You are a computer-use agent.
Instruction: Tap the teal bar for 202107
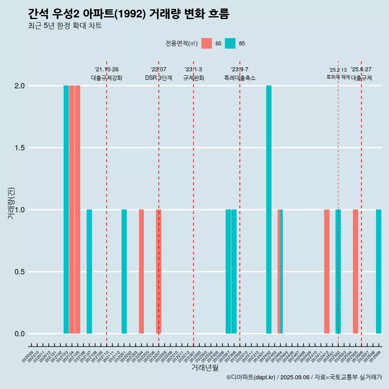pos(89,271)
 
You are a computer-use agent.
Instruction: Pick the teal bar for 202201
pos(124,271)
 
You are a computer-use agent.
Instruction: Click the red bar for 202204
pos(141,271)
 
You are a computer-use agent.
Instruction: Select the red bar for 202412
pos(327,271)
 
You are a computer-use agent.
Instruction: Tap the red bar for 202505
pos(355,271)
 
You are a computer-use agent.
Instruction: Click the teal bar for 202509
pos(378,271)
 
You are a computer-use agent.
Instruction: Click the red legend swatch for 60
pos(207,43)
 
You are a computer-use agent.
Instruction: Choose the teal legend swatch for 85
pos(230,43)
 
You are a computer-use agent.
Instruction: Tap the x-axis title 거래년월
pos(205,368)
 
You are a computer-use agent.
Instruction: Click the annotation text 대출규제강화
pos(106,78)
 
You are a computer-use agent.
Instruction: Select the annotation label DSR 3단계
pos(158,78)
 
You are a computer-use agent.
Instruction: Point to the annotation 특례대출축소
pos(240,78)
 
